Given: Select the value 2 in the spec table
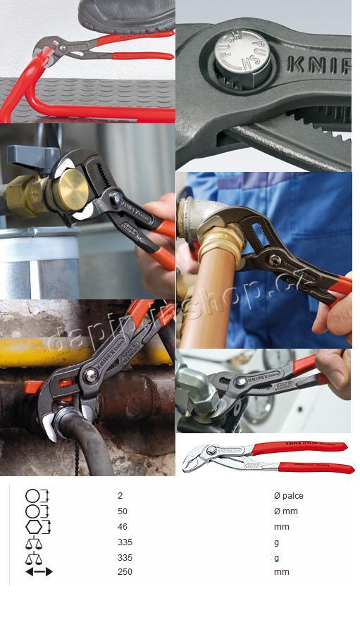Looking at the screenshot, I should point(120,496).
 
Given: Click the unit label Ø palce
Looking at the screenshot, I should point(288,496).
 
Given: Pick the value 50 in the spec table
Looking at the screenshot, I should point(123,511).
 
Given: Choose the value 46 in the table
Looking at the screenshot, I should point(123,527).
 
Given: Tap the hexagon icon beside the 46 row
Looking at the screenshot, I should point(37,527).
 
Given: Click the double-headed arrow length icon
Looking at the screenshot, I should point(39,572).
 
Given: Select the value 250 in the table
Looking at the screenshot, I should point(125,572).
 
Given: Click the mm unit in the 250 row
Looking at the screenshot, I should point(281,572).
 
